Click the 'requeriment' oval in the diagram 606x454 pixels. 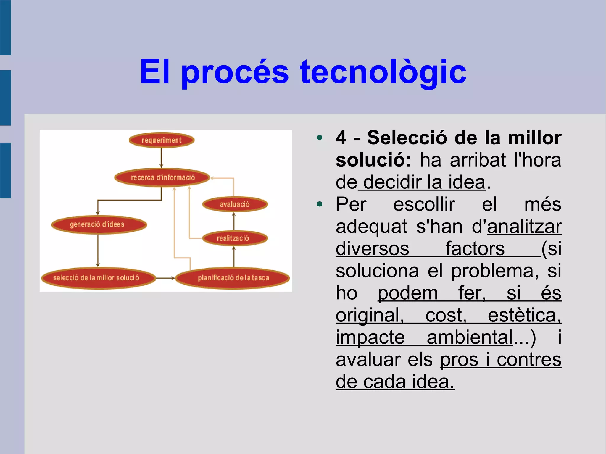(x=162, y=140)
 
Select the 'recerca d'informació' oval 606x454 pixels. (x=162, y=177)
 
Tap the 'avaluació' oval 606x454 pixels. (x=235, y=204)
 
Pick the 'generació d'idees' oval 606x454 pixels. (x=99, y=224)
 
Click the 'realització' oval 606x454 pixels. (x=235, y=238)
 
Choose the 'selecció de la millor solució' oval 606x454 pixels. (x=98, y=278)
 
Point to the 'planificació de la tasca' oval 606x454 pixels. (x=233, y=278)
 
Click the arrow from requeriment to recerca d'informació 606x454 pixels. (x=161, y=158)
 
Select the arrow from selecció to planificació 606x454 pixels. (x=165, y=278)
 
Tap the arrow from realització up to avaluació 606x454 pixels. (x=234, y=221)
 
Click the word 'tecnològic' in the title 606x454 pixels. (x=383, y=72)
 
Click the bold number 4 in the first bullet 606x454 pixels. (x=341, y=138)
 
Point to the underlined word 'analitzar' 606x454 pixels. (x=524, y=227)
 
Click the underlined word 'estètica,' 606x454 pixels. (x=524, y=315)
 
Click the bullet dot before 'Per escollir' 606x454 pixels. (x=319, y=204)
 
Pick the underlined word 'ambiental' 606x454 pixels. (x=470, y=337)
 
